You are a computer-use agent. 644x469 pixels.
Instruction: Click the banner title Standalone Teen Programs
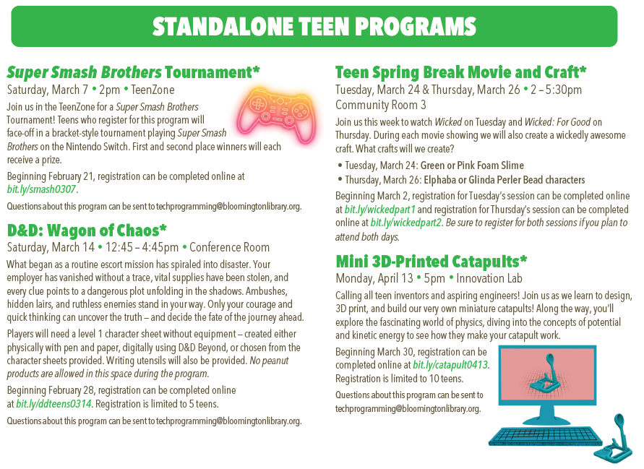[314, 26]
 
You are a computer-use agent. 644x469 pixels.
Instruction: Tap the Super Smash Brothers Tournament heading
[133, 72]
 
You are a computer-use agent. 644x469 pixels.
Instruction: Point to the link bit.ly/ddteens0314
[53, 404]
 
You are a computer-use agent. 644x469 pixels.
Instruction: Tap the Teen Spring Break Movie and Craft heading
[460, 72]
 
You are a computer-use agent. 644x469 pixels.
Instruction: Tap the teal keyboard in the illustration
[545, 437]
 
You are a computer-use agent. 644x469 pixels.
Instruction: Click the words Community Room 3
[380, 105]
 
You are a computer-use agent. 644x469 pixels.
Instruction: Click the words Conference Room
[229, 248]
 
